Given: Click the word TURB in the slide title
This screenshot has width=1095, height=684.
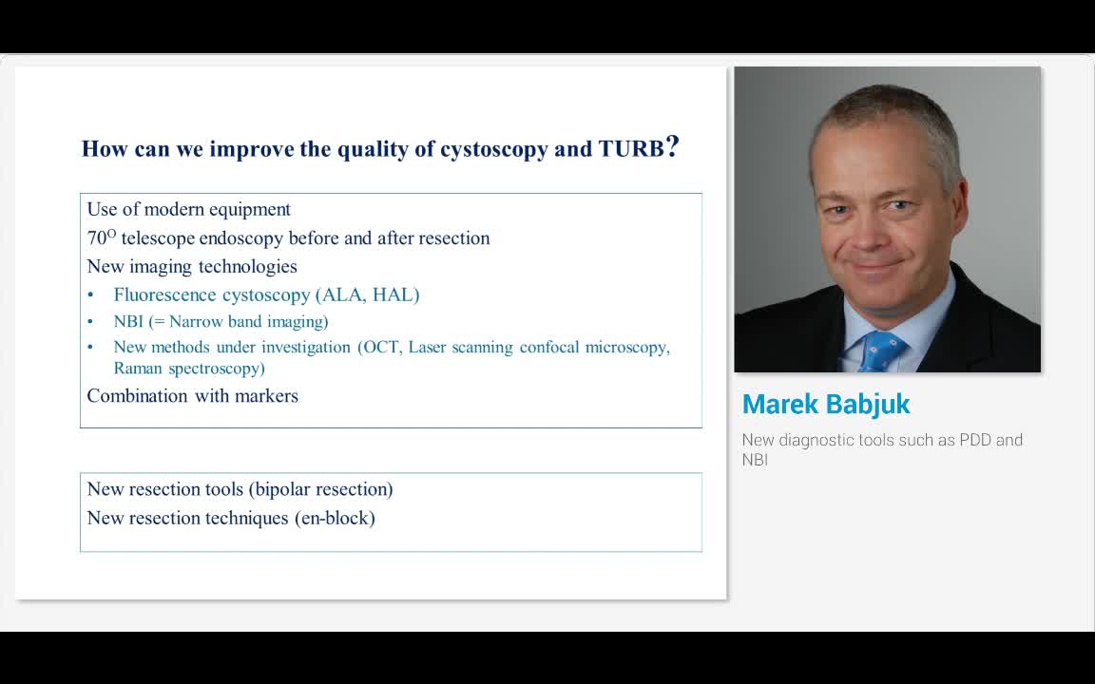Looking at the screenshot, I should [630, 149].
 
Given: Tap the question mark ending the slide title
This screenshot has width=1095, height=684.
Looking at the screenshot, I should [672, 147].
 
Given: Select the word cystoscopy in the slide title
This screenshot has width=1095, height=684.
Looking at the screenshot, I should [493, 150].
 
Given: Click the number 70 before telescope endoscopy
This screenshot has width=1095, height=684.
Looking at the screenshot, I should [96, 238].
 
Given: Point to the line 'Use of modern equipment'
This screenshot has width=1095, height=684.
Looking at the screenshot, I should [188, 210].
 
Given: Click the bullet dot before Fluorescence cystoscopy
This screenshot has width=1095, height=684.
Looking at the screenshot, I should [90, 295].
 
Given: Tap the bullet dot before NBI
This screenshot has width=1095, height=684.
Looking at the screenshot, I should [90, 322].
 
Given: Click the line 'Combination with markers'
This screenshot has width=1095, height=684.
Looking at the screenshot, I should [192, 396].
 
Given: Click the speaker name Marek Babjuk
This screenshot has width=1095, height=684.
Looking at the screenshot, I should [825, 404].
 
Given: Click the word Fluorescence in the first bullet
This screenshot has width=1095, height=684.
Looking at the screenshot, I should [164, 294].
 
